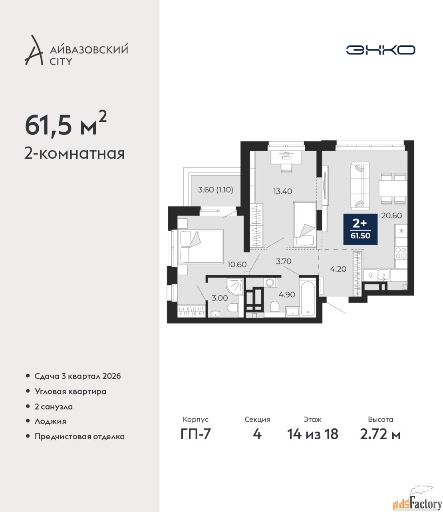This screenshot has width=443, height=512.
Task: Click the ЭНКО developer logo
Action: tap(380, 50)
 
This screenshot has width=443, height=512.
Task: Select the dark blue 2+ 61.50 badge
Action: tap(360, 229)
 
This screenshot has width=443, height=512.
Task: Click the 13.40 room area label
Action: tap(282, 191)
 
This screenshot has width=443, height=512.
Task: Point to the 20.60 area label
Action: tap(391, 216)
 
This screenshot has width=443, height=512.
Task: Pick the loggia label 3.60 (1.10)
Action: tap(215, 190)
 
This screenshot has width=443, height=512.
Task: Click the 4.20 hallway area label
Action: tap(338, 269)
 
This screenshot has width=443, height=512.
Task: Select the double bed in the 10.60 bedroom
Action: tap(201, 246)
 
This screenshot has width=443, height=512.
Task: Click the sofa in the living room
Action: tap(360, 186)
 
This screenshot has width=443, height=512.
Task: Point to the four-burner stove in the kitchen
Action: tap(401, 253)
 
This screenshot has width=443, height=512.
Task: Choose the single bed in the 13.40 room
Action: tap(304, 224)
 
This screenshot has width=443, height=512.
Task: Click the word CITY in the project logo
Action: tap(61, 62)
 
